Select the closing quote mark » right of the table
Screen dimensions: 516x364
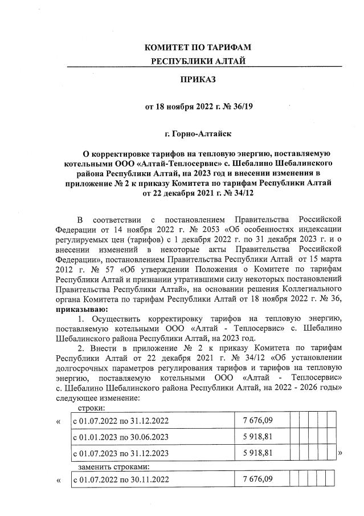pos(340,454)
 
